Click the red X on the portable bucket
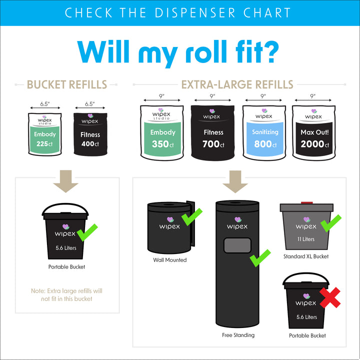pos(330,298)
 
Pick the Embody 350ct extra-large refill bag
pos(162,134)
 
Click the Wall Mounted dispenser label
pos(169,260)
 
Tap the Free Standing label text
pos(238,335)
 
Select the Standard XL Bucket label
pos(306,256)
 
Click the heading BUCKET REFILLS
pos(66,84)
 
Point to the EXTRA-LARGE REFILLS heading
pos(237,84)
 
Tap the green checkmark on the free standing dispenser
pos(260,258)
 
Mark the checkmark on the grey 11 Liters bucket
pos(330,223)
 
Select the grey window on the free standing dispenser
pos(237,246)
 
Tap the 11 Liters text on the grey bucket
pos(305,239)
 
